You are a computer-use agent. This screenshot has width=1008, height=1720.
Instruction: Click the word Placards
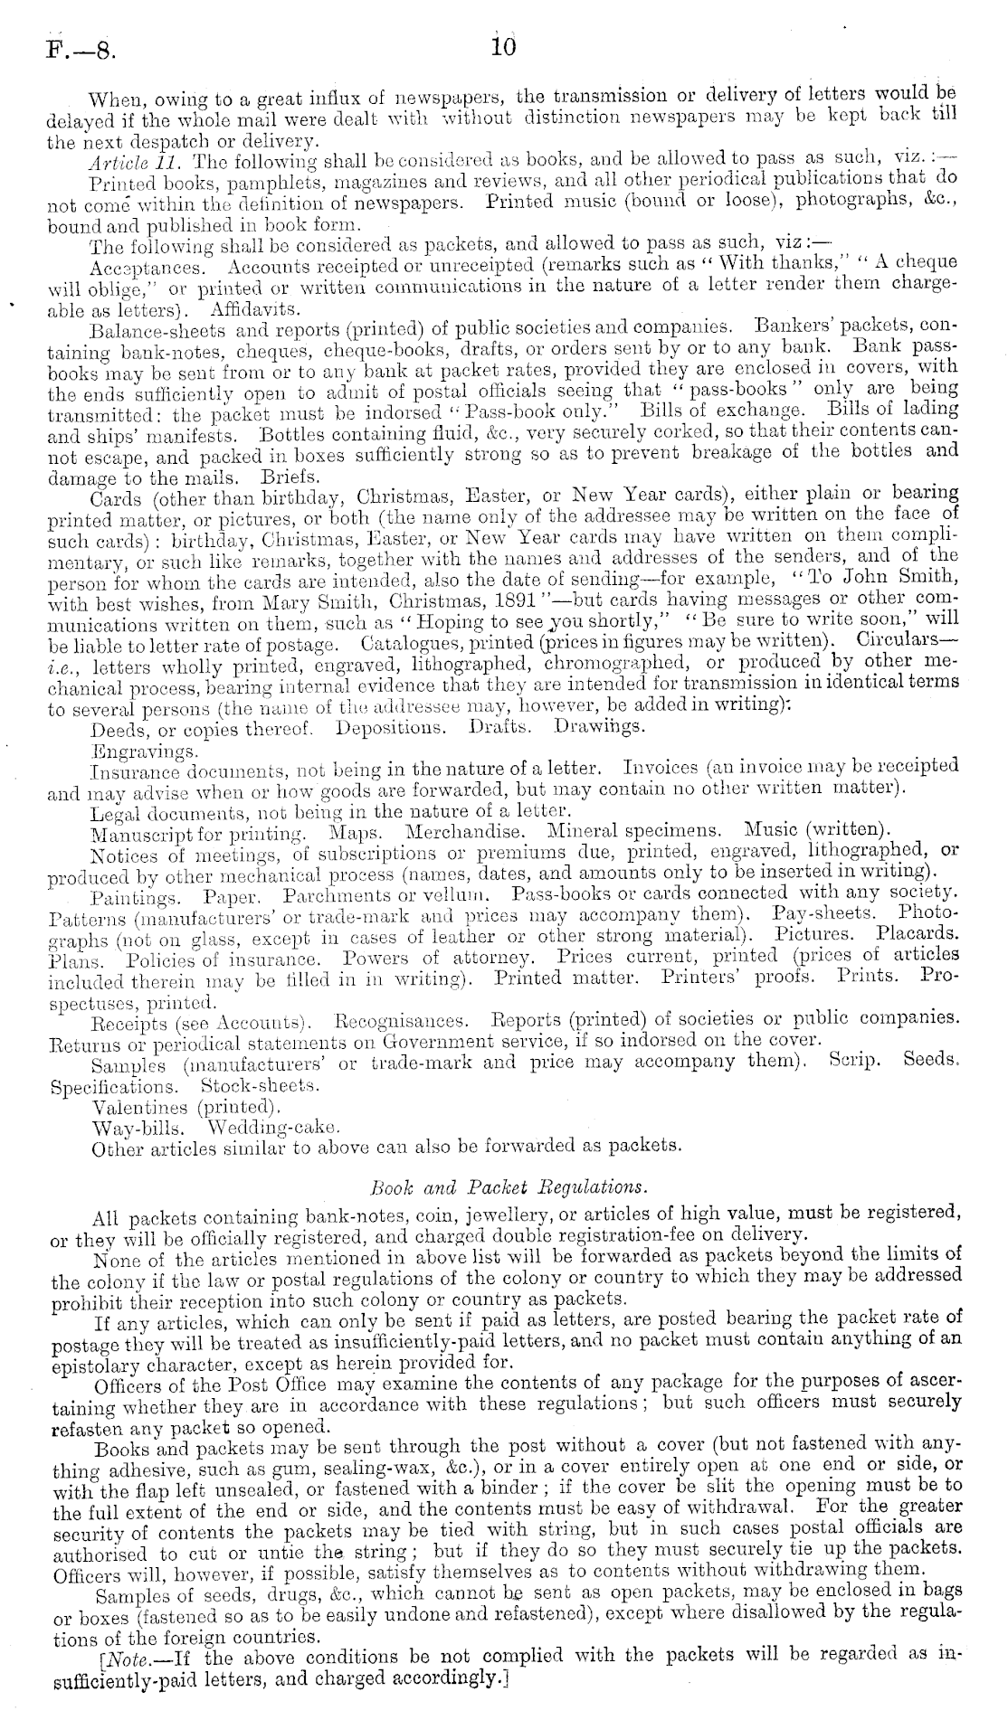pos(923,933)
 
